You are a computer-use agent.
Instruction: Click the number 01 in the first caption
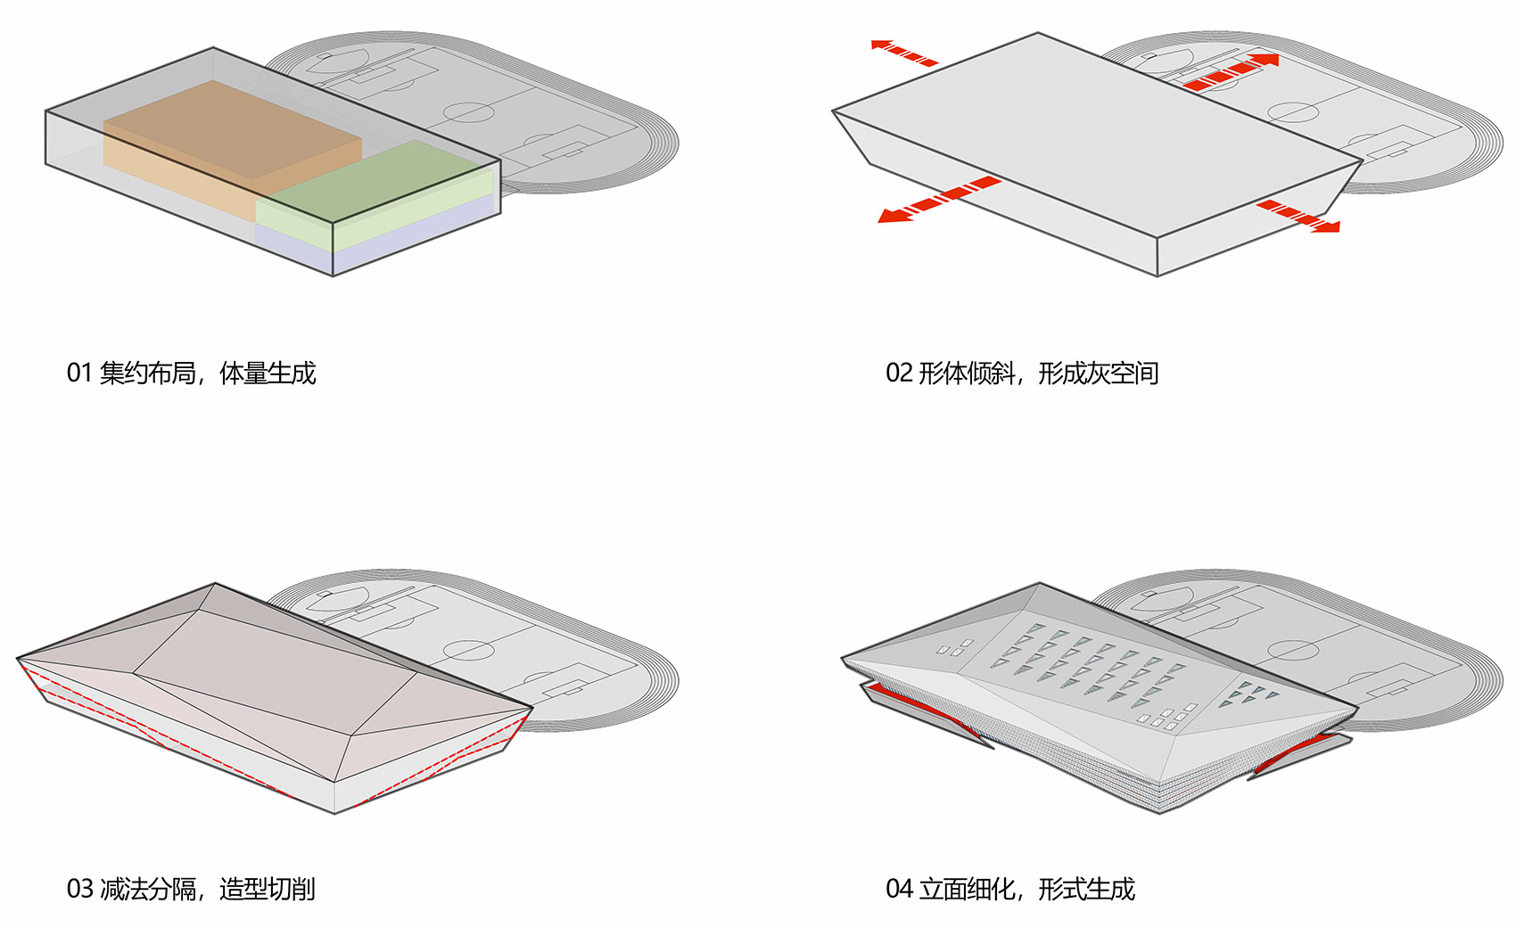79,374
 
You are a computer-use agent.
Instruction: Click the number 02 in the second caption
899,374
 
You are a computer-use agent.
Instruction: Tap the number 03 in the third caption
79,889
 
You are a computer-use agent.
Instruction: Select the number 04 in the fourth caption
899,889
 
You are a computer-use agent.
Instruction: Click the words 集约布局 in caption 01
147,374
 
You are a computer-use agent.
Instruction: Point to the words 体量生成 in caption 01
268,374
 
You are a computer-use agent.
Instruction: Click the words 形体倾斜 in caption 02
967,374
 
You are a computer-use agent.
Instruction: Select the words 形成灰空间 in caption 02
1099,374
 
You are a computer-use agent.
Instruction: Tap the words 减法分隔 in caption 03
147,889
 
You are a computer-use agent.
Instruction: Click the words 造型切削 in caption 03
268,889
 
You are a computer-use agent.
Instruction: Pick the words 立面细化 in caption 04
967,889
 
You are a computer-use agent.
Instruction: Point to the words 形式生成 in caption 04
1087,889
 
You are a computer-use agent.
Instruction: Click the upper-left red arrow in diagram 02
904,53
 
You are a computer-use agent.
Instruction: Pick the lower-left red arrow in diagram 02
939,199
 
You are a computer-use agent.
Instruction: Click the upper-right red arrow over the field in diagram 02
1231,72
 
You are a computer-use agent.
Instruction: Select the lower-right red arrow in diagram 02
1298,216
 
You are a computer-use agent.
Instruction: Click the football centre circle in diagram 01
468,112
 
